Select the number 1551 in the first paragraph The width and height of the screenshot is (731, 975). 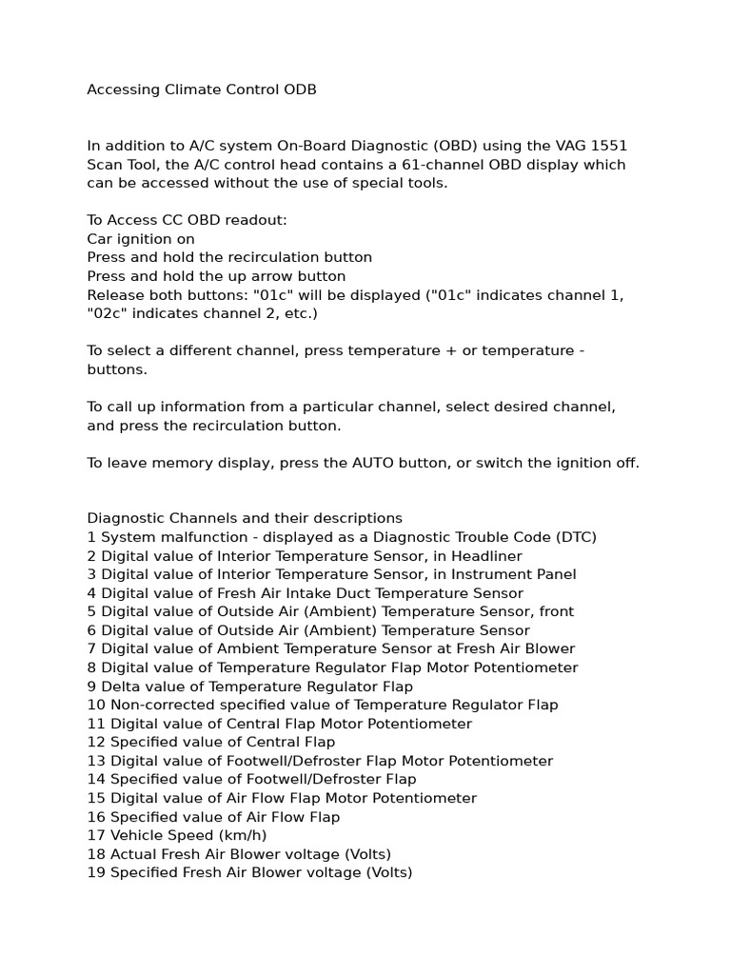[x=609, y=146]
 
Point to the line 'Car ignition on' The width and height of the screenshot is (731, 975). [x=141, y=239]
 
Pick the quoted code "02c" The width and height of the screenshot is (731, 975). [x=107, y=313]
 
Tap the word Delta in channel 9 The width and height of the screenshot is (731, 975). [x=120, y=686]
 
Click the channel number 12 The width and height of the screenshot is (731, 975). [x=96, y=742]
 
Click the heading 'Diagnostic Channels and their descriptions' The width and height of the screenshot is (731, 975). [x=245, y=519]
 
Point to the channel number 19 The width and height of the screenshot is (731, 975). [x=96, y=872]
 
